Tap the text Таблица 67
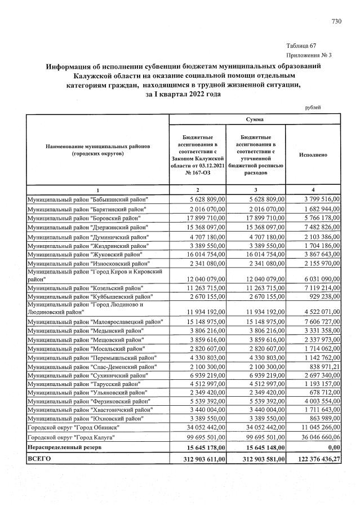(x=301, y=46)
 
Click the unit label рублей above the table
(x=312, y=107)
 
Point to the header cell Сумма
(x=255, y=119)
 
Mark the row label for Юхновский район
(x=85, y=419)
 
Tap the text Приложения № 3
(x=309, y=55)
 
